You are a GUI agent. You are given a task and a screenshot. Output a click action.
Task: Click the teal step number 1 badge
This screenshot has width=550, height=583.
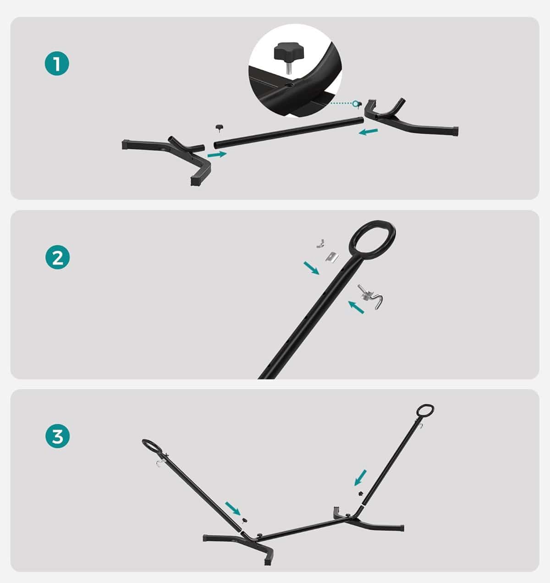(x=57, y=63)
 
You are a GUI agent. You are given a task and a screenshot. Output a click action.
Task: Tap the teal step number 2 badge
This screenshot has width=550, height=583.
(x=58, y=257)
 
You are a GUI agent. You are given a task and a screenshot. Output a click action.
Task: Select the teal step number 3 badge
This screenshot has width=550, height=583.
(x=58, y=436)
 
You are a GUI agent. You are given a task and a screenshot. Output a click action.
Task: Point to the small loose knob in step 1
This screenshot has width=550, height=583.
(x=219, y=127)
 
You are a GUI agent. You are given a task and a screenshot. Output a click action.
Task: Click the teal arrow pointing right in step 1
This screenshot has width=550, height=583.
(x=217, y=154)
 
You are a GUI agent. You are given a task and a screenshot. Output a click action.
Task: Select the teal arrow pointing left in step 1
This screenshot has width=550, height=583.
(x=368, y=132)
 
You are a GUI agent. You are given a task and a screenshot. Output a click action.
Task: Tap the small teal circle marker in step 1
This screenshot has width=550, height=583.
(x=356, y=103)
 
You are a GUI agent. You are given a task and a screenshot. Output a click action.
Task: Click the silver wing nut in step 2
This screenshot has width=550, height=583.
(x=320, y=243)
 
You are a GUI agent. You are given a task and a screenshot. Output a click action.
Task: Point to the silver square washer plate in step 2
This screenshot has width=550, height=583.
(x=332, y=258)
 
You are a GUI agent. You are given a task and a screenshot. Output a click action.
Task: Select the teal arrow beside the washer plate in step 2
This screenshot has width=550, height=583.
(x=311, y=268)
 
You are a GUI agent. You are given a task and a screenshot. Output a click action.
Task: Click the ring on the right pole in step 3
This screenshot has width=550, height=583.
(x=425, y=410)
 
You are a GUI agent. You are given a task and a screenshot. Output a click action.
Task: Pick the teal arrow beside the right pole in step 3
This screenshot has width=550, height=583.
(x=360, y=478)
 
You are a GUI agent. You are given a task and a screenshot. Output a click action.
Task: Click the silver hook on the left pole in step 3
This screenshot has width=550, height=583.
(x=159, y=464)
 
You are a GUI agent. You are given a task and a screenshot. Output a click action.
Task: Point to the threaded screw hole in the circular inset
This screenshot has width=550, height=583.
(x=290, y=85)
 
